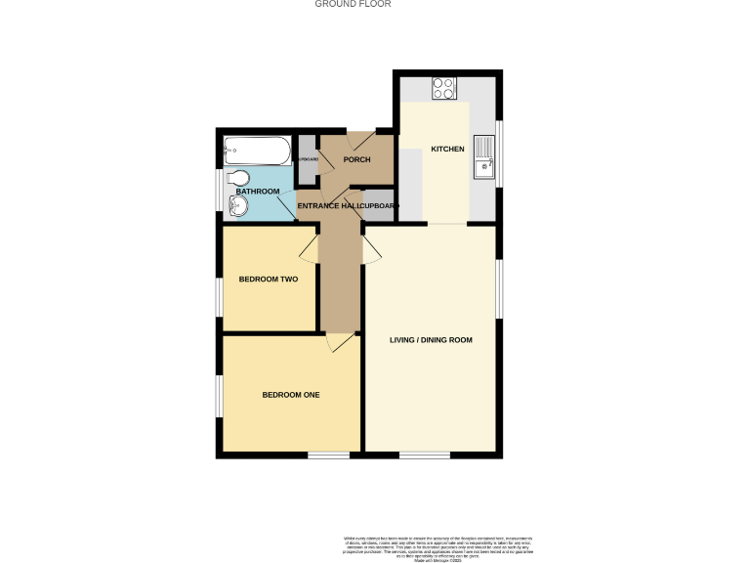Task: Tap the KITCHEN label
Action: [x=447, y=149]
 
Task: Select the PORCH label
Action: [x=356, y=159]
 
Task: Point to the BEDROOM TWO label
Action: [x=269, y=280]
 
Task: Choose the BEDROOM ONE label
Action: [x=291, y=395]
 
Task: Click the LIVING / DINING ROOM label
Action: [x=431, y=340]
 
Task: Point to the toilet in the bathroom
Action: [x=237, y=178]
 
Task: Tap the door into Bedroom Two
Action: [x=309, y=247]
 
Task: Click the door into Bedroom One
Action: [x=339, y=342]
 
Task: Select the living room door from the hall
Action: [x=371, y=248]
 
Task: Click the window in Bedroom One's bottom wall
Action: [x=328, y=455]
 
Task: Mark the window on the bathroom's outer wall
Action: [x=220, y=192]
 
